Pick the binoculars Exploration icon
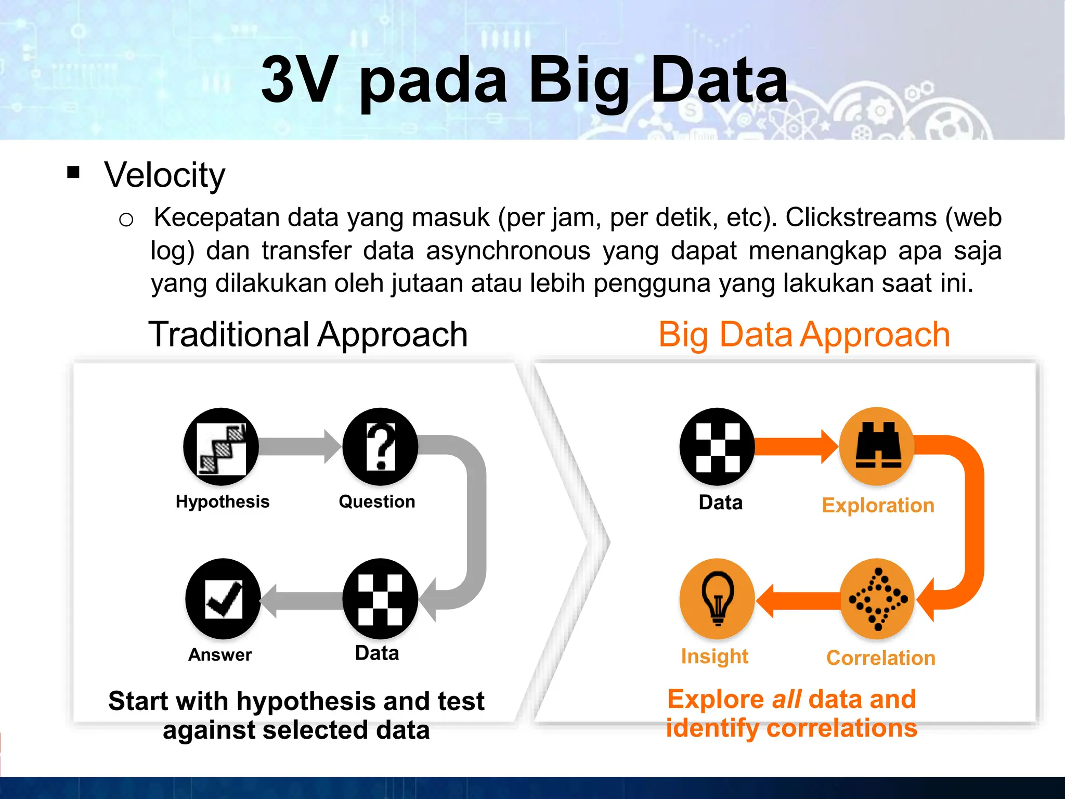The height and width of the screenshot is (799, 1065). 878,446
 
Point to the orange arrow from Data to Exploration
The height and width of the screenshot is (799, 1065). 796,446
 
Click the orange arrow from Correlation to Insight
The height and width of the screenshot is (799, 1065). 798,600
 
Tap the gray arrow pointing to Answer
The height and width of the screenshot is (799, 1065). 302,600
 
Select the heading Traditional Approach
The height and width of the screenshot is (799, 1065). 308,334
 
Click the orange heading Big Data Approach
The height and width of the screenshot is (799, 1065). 804,334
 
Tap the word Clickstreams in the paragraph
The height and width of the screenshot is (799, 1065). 861,217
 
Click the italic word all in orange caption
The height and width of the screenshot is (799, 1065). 786,699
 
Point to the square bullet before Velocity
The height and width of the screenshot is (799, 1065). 73,172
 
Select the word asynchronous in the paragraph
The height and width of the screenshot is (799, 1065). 508,251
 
